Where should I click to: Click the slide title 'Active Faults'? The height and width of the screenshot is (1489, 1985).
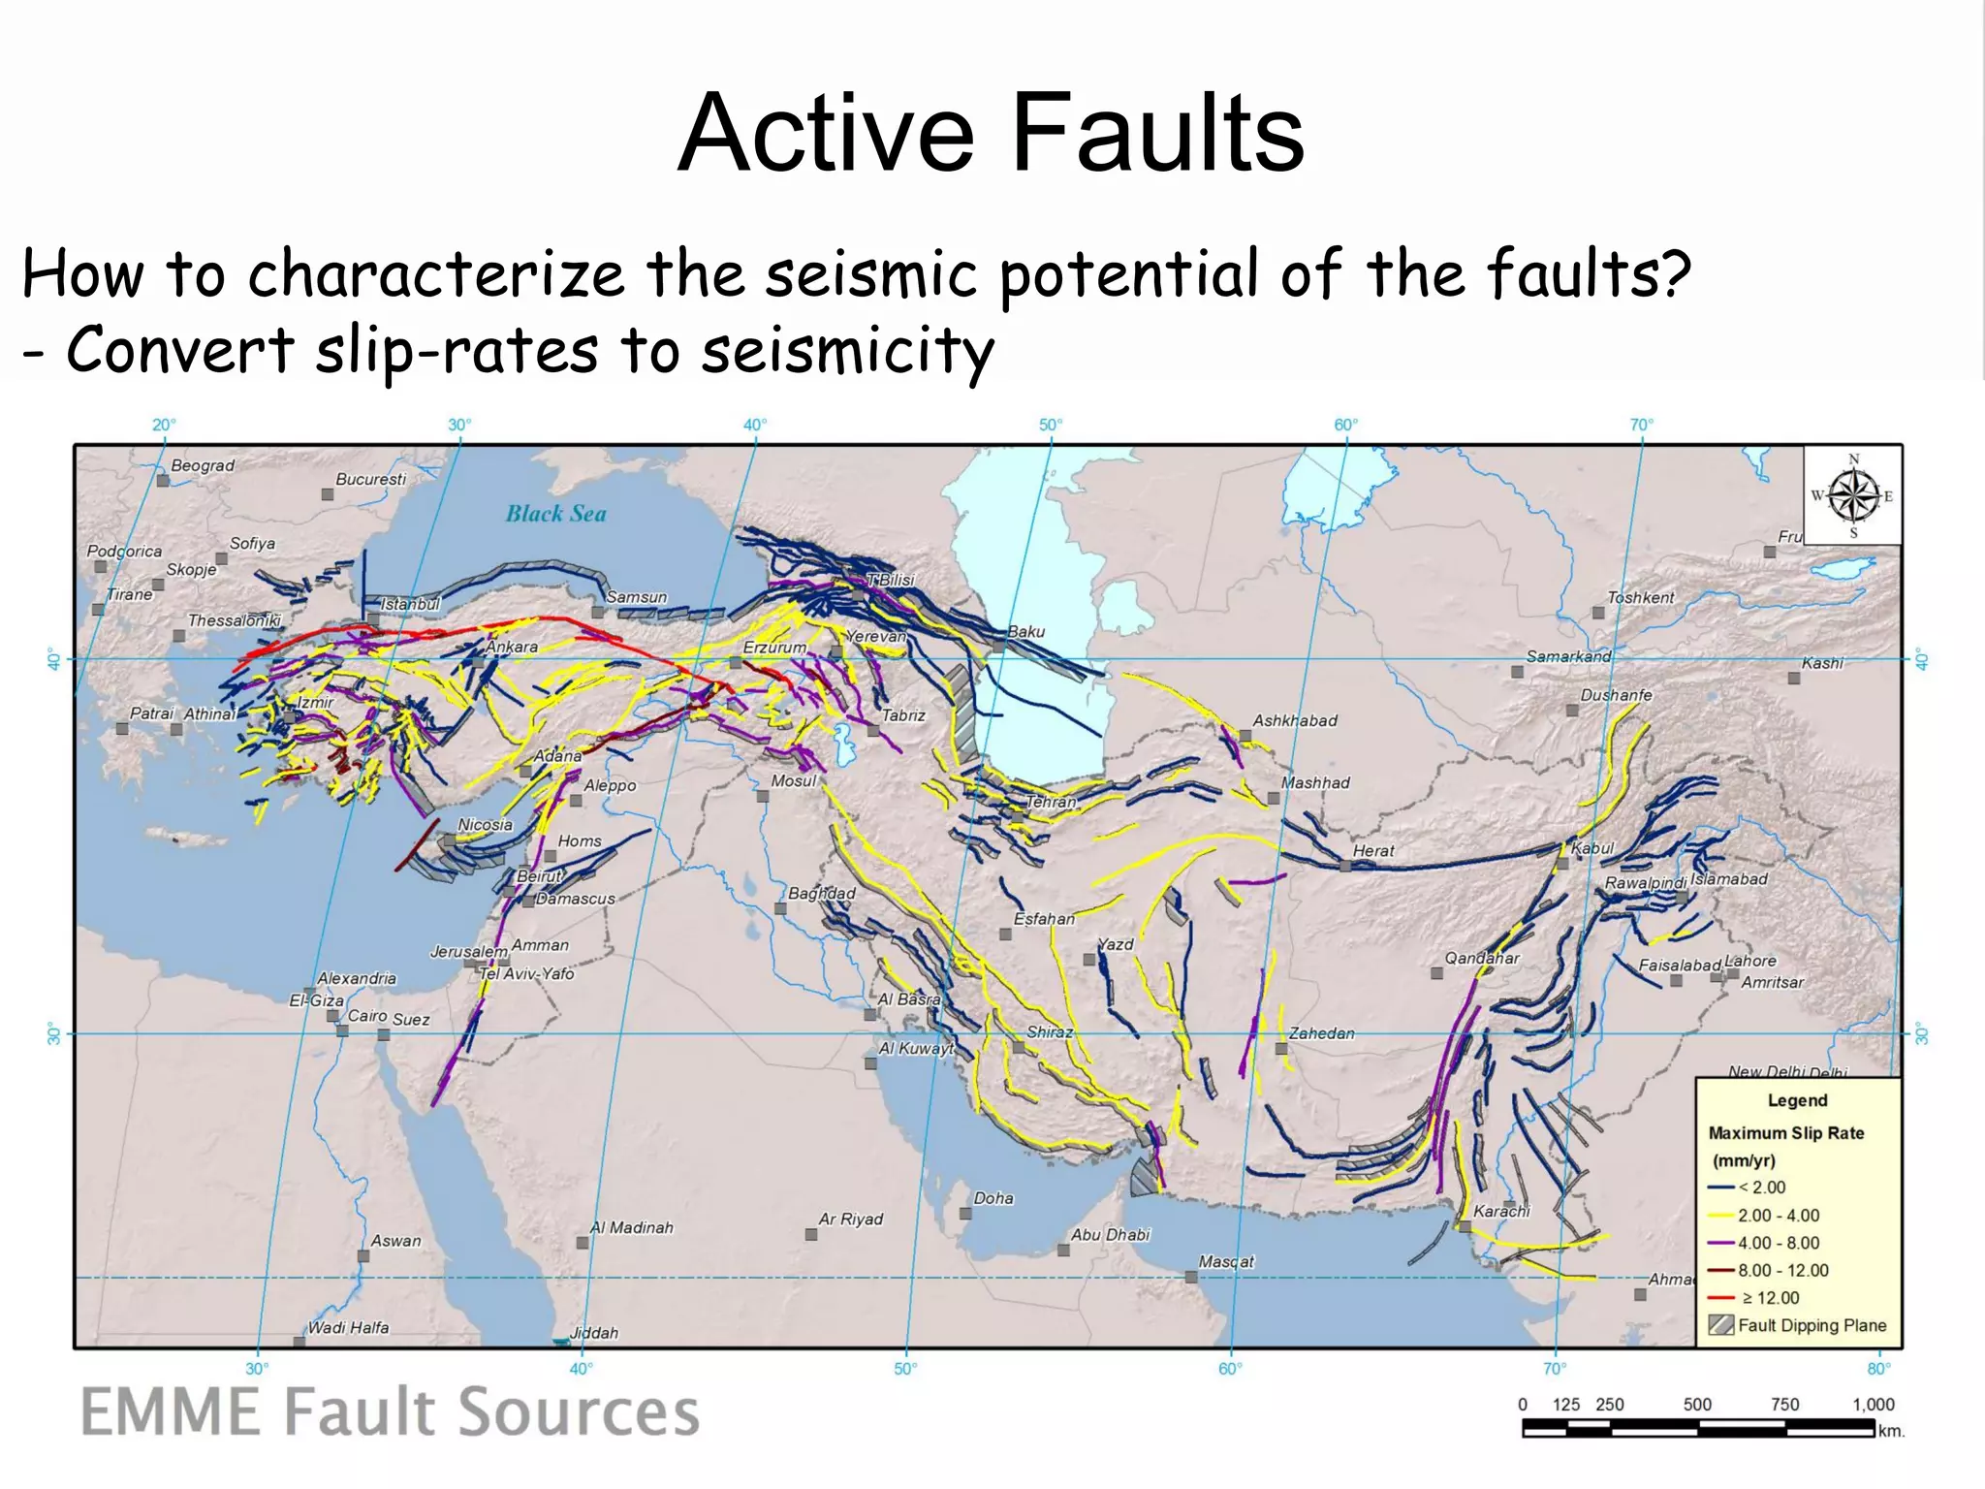(991, 133)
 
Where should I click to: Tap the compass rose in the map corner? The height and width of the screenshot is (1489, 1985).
(1852, 495)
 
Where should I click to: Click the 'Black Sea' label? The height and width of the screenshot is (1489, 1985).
(555, 514)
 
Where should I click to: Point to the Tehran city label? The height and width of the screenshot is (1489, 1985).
(1051, 802)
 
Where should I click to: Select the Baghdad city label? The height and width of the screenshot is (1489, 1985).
(821, 893)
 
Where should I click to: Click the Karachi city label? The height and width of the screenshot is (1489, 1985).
(1500, 1211)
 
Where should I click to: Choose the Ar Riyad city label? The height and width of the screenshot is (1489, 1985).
(850, 1219)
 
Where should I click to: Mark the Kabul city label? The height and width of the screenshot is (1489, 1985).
(1592, 848)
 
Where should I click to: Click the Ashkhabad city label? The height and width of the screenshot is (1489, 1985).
(1294, 720)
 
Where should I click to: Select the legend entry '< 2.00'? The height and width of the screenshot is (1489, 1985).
(1761, 1188)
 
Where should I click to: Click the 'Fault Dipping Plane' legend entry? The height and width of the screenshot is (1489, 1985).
(1812, 1325)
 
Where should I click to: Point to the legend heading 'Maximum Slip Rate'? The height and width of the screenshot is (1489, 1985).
(1785, 1133)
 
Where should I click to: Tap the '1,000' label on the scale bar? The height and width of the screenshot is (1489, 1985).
(1873, 1405)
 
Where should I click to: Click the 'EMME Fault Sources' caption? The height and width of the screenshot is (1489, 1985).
(390, 1412)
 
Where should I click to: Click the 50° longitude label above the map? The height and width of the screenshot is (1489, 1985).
(1051, 425)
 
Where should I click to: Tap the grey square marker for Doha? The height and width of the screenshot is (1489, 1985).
(965, 1214)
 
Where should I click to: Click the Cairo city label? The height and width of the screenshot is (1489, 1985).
(367, 1016)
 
